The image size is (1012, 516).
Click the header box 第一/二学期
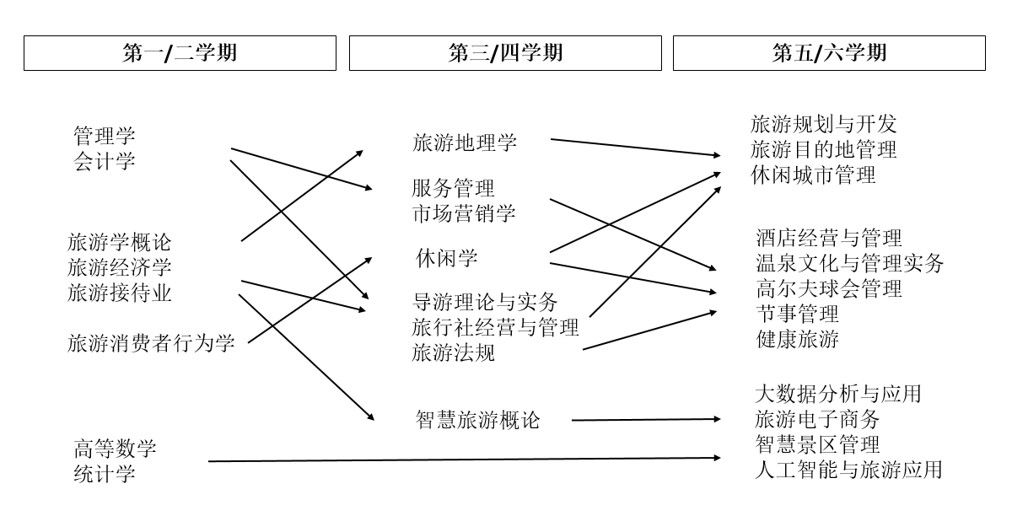click(x=180, y=53)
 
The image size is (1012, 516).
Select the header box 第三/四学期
click(x=505, y=53)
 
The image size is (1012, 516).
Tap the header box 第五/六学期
click(x=829, y=53)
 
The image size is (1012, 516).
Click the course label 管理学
click(x=105, y=136)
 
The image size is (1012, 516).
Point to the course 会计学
click(x=105, y=161)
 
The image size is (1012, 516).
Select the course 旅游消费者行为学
click(x=151, y=343)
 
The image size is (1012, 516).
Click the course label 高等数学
click(x=115, y=448)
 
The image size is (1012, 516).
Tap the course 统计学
click(x=105, y=473)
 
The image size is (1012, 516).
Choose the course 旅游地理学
click(x=465, y=142)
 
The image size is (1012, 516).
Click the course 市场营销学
click(x=464, y=212)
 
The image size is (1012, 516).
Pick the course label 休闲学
click(x=447, y=258)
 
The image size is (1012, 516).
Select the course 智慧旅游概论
click(x=477, y=419)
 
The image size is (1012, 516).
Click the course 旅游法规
click(x=454, y=352)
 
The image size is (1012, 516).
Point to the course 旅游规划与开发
click(x=823, y=125)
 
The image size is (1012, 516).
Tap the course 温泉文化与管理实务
click(x=849, y=263)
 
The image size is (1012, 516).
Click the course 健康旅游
click(x=797, y=339)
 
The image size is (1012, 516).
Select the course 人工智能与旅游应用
click(x=848, y=469)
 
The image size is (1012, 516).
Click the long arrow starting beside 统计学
click(x=464, y=460)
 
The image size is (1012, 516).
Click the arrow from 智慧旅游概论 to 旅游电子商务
click(x=645, y=419)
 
